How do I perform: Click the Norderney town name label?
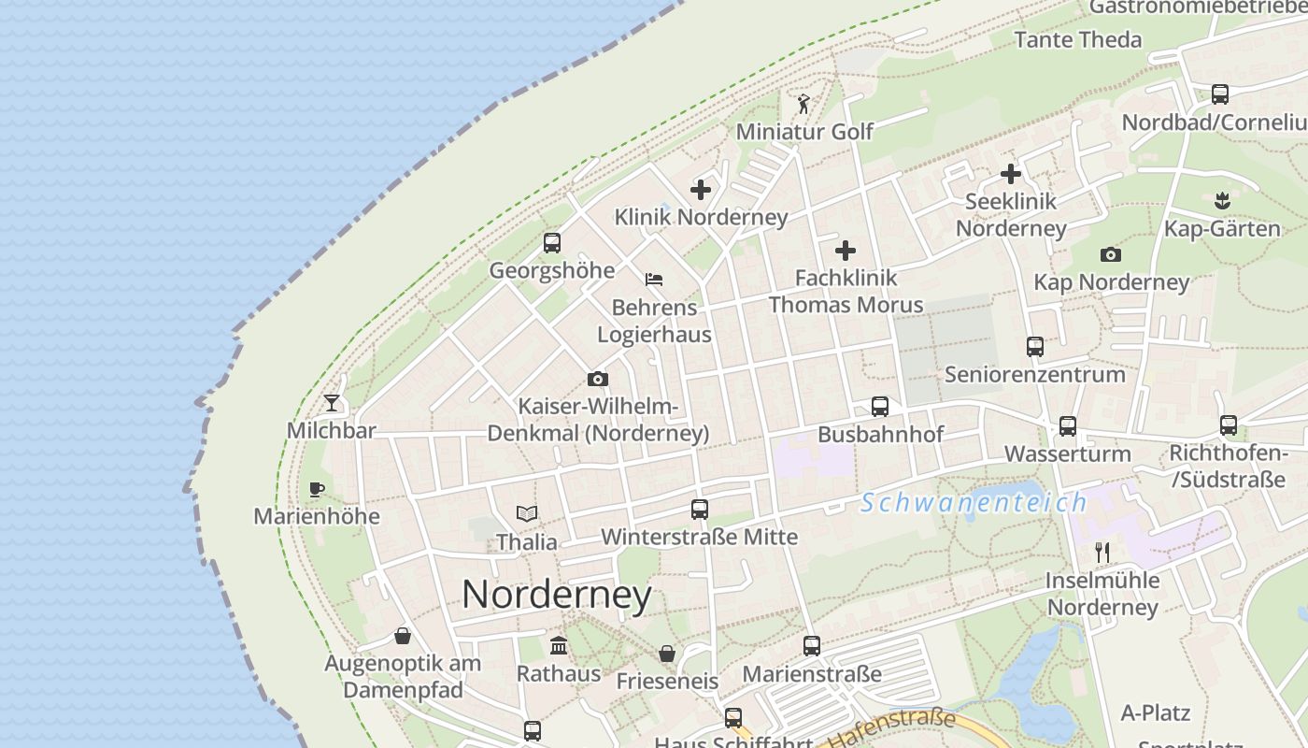[557, 595]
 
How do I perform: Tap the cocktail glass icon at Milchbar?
[332, 403]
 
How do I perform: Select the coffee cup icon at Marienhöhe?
[317, 489]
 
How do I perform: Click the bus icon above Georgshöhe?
[552, 243]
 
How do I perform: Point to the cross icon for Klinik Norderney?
[701, 190]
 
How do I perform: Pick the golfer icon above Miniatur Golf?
[803, 104]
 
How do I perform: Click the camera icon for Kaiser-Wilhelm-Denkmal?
[598, 379]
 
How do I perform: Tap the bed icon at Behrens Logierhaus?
[654, 280]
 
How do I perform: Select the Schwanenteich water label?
[974, 503]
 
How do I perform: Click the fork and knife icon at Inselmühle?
[1102, 553]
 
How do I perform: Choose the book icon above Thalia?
[527, 513]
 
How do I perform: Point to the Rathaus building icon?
[559, 645]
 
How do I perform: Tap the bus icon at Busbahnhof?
[880, 407]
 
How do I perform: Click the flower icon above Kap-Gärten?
[1222, 200]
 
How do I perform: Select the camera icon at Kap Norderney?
[1110, 254]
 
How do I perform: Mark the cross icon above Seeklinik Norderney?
[1011, 174]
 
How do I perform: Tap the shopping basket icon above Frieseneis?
[667, 653]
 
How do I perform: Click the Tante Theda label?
[1078, 39]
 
